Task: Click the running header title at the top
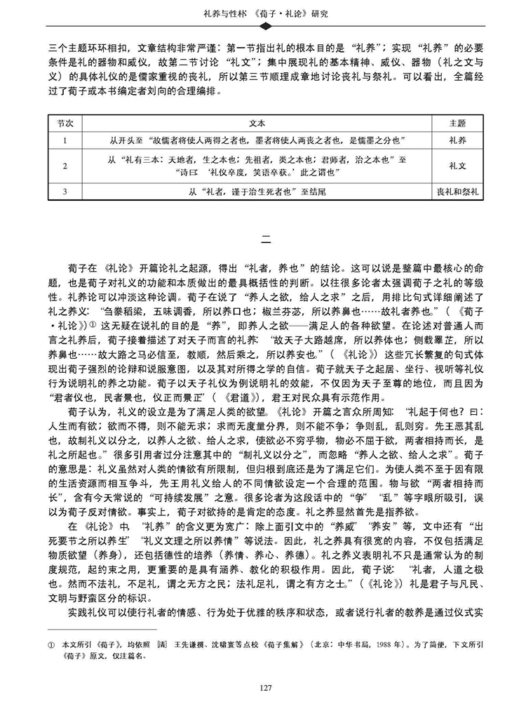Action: (x=264, y=12)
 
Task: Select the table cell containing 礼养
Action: (x=457, y=140)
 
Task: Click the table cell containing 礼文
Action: (x=457, y=166)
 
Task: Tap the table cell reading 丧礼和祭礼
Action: (x=457, y=191)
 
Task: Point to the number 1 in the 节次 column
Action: (x=65, y=140)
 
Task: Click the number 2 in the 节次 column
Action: (x=65, y=166)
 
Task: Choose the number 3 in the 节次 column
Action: (x=65, y=191)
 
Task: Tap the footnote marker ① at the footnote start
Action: (x=50, y=643)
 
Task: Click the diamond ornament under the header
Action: (x=264, y=27)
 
